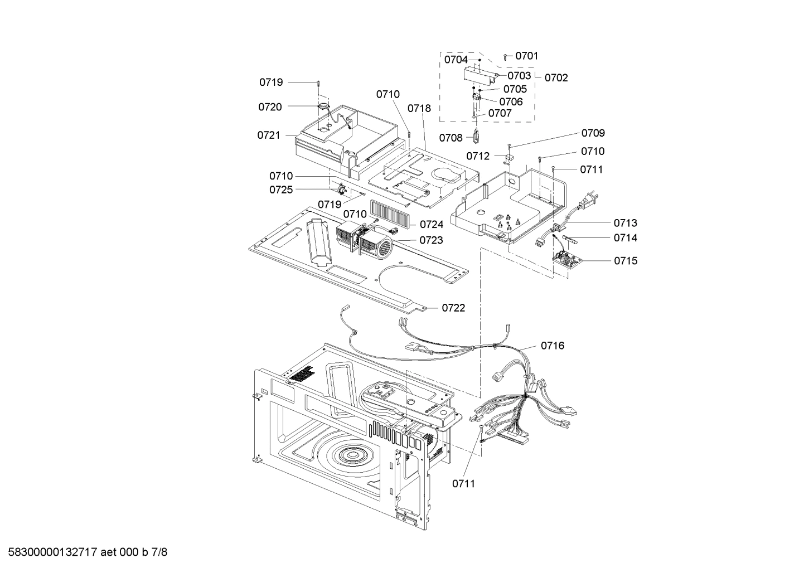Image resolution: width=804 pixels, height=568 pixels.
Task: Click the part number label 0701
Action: pos(526,56)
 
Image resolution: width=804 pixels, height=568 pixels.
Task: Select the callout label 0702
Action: pos(556,77)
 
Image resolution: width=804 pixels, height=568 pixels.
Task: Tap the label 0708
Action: pos(451,138)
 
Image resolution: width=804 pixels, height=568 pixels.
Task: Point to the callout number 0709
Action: pos(593,133)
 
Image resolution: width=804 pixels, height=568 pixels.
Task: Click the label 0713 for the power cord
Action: pos(625,223)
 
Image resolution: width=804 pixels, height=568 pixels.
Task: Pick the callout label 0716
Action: pos(552,346)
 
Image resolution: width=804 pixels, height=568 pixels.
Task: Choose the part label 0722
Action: pos(453,308)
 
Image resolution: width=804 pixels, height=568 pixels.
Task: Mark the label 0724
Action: pos(432,225)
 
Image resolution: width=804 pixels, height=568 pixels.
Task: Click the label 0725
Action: pos(281,190)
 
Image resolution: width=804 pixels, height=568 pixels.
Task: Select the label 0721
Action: pos(269,135)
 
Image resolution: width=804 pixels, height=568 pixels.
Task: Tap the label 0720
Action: pos(270,106)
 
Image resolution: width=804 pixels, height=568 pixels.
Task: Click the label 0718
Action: pos(419,108)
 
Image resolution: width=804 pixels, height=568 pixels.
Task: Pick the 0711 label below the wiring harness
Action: pos(463,483)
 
